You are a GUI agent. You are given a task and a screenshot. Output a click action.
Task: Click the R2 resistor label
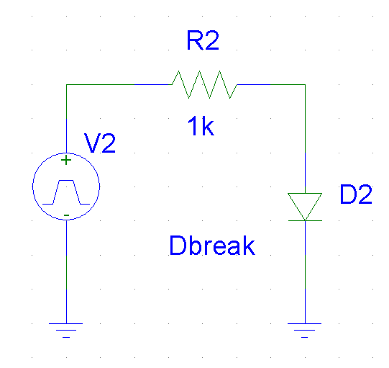click(203, 40)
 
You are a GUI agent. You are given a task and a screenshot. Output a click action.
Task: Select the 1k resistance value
click(201, 126)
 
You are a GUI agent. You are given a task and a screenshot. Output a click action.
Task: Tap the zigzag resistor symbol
click(204, 84)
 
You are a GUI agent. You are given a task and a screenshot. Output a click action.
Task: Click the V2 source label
click(100, 143)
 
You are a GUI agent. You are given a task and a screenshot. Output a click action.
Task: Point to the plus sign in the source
click(66, 160)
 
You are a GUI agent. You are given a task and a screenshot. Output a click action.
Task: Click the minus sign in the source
click(66, 215)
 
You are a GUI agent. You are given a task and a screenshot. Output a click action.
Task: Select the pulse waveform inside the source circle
click(66, 192)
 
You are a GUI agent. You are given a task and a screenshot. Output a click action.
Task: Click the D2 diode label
click(356, 194)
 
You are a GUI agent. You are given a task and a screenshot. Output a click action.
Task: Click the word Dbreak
click(212, 246)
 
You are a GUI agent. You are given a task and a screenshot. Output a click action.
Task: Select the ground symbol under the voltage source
click(66, 331)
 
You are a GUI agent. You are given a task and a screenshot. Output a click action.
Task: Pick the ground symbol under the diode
click(305, 331)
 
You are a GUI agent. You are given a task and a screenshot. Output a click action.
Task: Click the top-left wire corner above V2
click(66, 85)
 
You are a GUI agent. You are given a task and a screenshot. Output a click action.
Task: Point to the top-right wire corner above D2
click(305, 85)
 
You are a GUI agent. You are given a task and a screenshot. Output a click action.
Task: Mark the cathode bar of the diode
click(305, 220)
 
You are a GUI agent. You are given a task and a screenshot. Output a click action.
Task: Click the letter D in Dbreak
click(178, 246)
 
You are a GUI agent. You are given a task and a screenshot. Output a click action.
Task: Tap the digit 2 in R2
click(211, 40)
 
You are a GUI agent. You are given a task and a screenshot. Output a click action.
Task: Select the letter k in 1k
click(208, 126)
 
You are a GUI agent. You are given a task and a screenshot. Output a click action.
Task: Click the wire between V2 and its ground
click(66, 271)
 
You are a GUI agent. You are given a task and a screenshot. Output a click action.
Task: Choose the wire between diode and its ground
click(305, 272)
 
